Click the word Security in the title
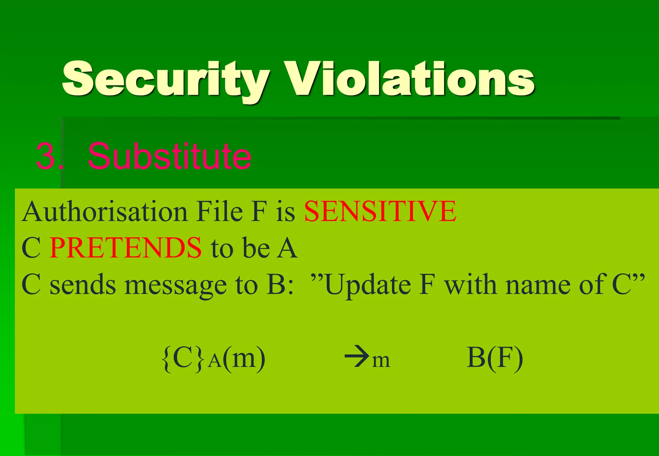166,80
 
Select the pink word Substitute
169,156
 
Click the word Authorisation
105,212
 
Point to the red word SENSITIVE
380,211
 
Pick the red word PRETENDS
125,248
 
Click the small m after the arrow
381,360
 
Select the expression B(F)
495,358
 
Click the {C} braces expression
183,358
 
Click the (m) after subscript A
244,358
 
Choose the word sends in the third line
83,285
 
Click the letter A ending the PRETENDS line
287,248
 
